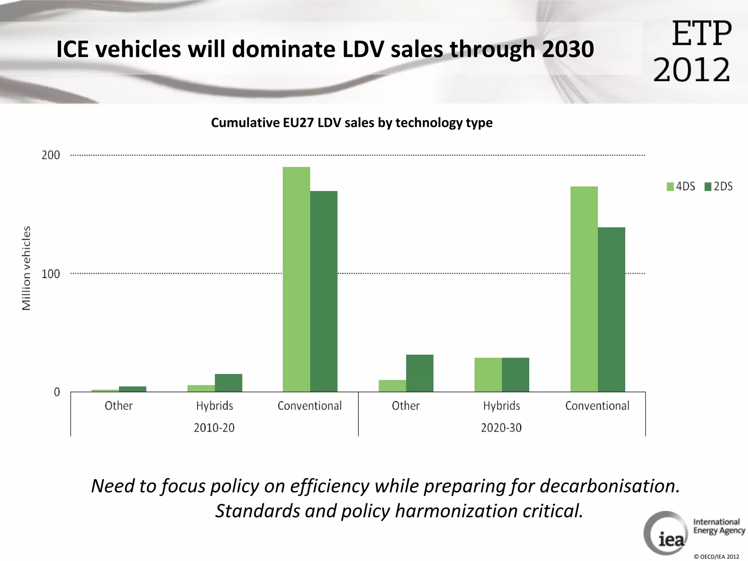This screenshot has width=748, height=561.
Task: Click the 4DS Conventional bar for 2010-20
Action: [x=296, y=279]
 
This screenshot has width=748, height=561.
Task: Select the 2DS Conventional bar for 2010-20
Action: [x=324, y=291]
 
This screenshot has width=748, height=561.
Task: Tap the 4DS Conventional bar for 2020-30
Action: [x=584, y=289]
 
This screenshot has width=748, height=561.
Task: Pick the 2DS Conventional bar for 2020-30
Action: [x=611, y=310]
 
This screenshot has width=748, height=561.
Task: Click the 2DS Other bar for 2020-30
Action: [x=420, y=373]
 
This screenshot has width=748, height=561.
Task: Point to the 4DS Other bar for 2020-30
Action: [x=392, y=386]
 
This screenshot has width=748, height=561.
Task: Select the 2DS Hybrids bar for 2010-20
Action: [x=228, y=383]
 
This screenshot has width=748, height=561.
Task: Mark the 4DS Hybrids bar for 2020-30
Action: [x=488, y=375]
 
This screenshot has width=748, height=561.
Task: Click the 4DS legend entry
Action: [x=681, y=187]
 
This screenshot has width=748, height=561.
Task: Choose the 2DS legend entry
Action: [x=719, y=187]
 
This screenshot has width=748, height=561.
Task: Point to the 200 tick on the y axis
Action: [x=50, y=155]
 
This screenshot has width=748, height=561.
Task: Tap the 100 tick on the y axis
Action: [x=50, y=274]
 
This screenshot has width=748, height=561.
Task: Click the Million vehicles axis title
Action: [x=26, y=268]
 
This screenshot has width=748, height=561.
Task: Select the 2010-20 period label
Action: [x=214, y=428]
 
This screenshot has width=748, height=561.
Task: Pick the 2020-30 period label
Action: [x=501, y=428]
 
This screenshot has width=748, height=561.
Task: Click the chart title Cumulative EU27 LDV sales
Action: [x=351, y=123]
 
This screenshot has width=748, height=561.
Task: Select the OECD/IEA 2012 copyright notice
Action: [x=716, y=557]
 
